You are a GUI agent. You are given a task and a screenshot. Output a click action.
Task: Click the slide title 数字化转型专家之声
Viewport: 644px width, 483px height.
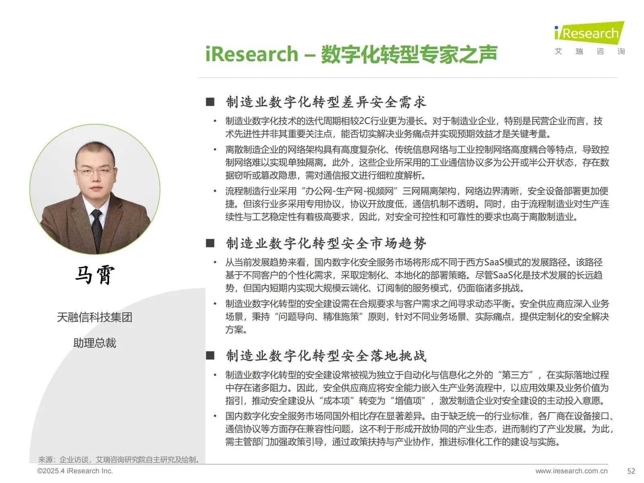[x=409, y=54]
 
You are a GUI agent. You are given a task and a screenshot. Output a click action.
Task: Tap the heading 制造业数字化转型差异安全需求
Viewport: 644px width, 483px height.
[x=326, y=102]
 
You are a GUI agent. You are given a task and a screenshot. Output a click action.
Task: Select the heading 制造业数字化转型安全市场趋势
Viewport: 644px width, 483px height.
[x=326, y=244]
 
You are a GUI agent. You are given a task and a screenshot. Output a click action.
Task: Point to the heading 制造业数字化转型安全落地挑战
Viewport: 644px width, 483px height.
[x=326, y=356]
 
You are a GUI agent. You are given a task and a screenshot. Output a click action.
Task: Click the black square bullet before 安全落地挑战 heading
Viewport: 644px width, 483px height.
[x=210, y=355]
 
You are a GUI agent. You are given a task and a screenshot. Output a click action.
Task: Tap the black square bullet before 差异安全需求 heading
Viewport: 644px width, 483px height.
[x=210, y=102]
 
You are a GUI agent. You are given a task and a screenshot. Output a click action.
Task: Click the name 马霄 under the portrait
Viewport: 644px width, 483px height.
[x=95, y=275]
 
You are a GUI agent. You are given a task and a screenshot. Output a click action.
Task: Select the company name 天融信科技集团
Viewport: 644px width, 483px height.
[x=95, y=317]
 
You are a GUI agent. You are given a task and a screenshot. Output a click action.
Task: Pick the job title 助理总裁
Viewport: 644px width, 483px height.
[x=95, y=343]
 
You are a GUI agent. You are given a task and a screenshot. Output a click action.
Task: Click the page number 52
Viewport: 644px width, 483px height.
[x=631, y=471]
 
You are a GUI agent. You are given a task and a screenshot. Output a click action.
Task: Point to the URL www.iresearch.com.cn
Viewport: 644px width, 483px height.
[x=572, y=471]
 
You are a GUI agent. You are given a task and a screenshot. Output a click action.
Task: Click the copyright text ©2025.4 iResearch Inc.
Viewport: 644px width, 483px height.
[x=75, y=471]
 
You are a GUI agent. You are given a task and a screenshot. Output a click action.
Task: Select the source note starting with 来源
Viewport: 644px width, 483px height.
[x=119, y=460]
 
